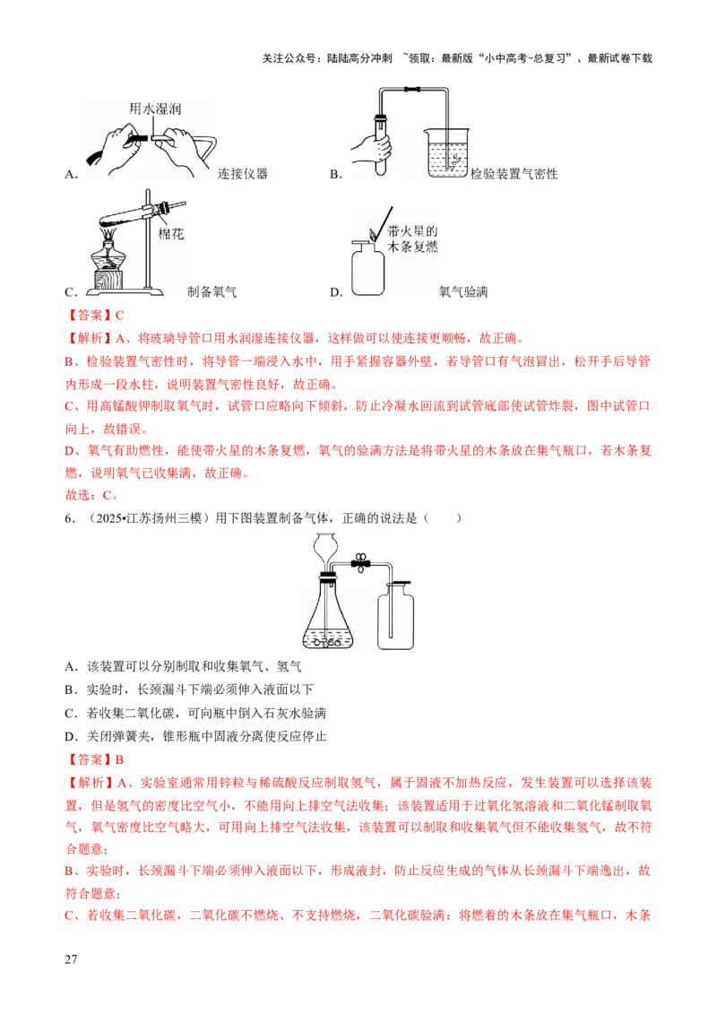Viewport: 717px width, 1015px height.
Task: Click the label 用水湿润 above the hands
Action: pyautogui.click(x=155, y=108)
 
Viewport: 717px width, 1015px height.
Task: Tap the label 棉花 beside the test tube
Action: pyautogui.click(x=171, y=234)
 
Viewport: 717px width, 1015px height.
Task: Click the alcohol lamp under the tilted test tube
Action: pyautogui.click(x=110, y=252)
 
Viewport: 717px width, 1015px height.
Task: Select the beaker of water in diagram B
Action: pyautogui.click(x=445, y=152)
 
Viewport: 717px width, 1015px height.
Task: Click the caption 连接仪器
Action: pyautogui.click(x=243, y=173)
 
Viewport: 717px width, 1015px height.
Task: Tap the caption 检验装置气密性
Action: pyautogui.click(x=514, y=173)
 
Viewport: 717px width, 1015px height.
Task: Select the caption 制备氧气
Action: pyautogui.click(x=212, y=291)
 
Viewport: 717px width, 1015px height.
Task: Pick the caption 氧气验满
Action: pyautogui.click(x=463, y=291)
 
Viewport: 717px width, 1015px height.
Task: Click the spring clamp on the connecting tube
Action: pyautogui.click(x=359, y=563)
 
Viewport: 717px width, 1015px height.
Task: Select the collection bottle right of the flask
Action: pyautogui.click(x=395, y=616)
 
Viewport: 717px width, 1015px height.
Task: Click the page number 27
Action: pyautogui.click(x=71, y=959)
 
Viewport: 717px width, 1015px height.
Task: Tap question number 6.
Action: pyautogui.click(x=70, y=518)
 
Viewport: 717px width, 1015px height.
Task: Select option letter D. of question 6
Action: pyautogui.click(x=71, y=736)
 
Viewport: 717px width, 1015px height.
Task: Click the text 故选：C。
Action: pyautogui.click(x=92, y=495)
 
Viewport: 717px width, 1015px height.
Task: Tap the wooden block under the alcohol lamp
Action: pyautogui.click(x=109, y=280)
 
